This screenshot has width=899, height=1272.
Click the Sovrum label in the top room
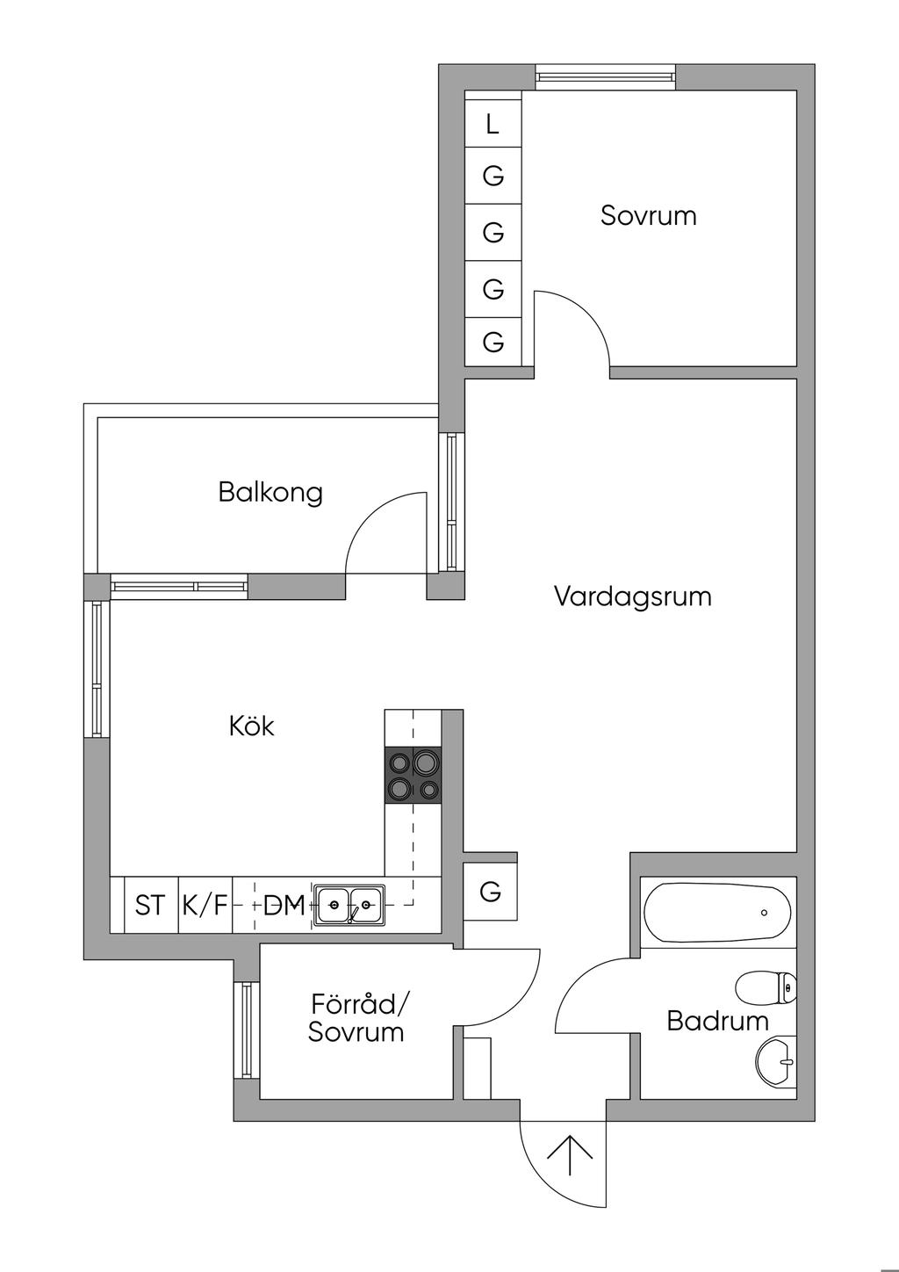pyautogui.click(x=648, y=216)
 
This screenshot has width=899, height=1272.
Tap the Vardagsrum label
pyautogui.click(x=632, y=596)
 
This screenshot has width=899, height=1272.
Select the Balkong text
pyautogui.click(x=270, y=492)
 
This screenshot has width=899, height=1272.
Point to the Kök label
pyautogui.click(x=251, y=726)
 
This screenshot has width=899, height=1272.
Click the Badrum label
pyautogui.click(x=717, y=1021)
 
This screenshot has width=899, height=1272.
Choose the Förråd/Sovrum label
pyautogui.click(x=357, y=1018)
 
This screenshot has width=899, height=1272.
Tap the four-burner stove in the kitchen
pyautogui.click(x=414, y=775)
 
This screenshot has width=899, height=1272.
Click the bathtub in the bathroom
pyautogui.click(x=716, y=913)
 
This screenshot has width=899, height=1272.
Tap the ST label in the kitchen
pyautogui.click(x=150, y=905)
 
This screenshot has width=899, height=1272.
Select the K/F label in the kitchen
pyautogui.click(x=205, y=905)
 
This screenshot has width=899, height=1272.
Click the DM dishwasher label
pyautogui.click(x=284, y=905)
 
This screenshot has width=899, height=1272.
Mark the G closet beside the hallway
pyautogui.click(x=491, y=892)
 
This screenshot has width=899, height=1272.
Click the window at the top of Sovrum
pyautogui.click(x=606, y=77)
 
